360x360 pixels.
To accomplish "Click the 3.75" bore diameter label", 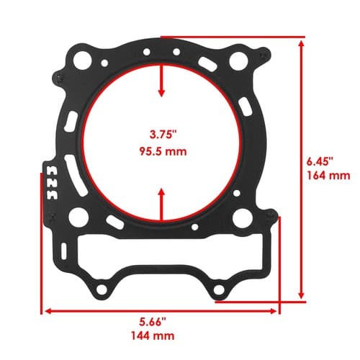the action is [163, 134].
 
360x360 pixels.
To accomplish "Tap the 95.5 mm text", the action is [163, 152].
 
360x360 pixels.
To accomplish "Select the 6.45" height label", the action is [320, 161].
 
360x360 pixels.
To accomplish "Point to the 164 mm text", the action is [328, 176].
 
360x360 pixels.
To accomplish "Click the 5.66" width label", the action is [153, 322].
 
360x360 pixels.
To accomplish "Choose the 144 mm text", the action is [153, 336].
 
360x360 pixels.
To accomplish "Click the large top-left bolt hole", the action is [81, 60].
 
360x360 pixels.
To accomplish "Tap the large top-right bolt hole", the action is [238, 61].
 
